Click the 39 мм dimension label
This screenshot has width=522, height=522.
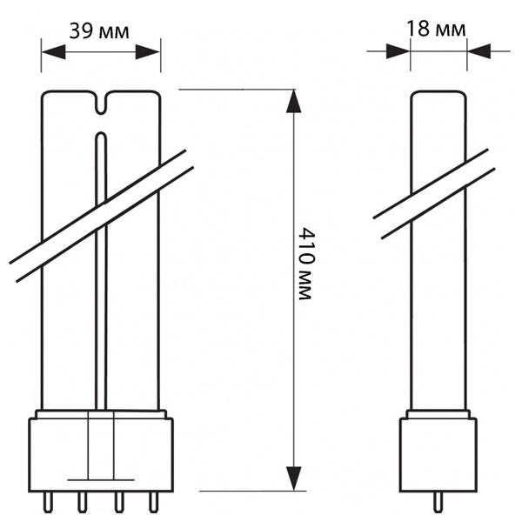click(99, 31)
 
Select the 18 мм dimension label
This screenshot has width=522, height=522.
click(436, 29)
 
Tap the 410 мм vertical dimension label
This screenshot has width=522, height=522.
click(304, 264)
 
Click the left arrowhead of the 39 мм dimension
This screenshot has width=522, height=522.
click(53, 52)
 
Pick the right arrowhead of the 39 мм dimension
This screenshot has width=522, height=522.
click(148, 52)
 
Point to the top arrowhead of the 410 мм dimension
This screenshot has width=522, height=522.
click(294, 101)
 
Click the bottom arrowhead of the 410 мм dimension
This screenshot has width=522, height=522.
click(294, 478)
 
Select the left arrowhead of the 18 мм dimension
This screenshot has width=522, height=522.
click(398, 51)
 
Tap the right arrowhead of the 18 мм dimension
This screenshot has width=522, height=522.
click(478, 51)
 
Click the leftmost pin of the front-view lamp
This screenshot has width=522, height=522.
click(48, 502)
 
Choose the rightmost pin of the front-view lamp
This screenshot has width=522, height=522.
click(153, 502)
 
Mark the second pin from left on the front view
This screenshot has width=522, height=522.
click(82, 502)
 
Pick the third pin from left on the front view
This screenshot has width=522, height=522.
click(119, 502)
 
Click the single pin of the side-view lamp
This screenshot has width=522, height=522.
click(438, 503)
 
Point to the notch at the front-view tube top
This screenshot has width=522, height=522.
click(102, 102)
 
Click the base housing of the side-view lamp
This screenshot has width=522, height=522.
click(438, 455)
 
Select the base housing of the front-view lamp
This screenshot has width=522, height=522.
click(101, 455)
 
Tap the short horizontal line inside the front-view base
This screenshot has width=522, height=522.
click(101, 479)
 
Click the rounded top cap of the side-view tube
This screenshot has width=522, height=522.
click(438, 96)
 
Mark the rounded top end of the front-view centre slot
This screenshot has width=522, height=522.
click(101, 136)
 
